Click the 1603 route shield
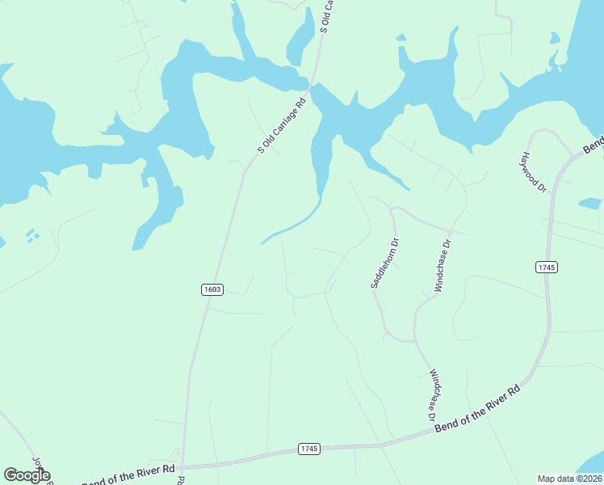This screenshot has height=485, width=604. pyautogui.click(x=212, y=289)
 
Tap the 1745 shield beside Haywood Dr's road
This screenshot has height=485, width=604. pyautogui.click(x=546, y=267)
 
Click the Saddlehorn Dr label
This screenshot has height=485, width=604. pyautogui.click(x=384, y=264)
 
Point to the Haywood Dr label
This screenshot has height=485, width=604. pyautogui.click(x=535, y=173)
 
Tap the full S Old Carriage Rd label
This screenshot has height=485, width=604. pyautogui.click(x=283, y=124)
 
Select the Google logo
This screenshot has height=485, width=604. pyautogui.click(x=27, y=475)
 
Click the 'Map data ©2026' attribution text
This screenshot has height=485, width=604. pyautogui.click(x=568, y=479)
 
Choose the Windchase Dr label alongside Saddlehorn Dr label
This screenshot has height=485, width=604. pyautogui.click(x=443, y=264)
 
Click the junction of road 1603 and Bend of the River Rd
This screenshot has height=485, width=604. pyautogui.click(x=182, y=466)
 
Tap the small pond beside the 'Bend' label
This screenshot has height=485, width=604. pyautogui.click(x=590, y=203)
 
